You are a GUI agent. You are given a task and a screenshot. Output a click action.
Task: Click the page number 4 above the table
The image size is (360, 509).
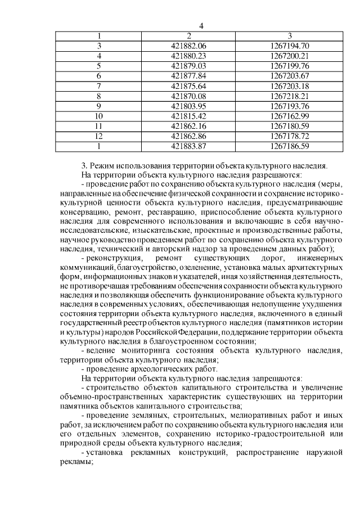coord(201,26)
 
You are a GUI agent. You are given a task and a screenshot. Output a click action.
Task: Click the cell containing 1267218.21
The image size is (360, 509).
coord(290,96)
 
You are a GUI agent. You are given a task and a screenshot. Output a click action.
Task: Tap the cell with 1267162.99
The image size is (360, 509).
coord(290,116)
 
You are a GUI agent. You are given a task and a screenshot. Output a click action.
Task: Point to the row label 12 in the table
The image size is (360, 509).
coord(99,137)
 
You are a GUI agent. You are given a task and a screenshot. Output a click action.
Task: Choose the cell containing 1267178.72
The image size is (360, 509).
coord(290,137)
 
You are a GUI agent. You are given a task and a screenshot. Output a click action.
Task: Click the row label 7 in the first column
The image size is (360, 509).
coord(99,86)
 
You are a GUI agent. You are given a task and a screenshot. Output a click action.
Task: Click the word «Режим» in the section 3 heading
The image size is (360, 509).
coord(102,166)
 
